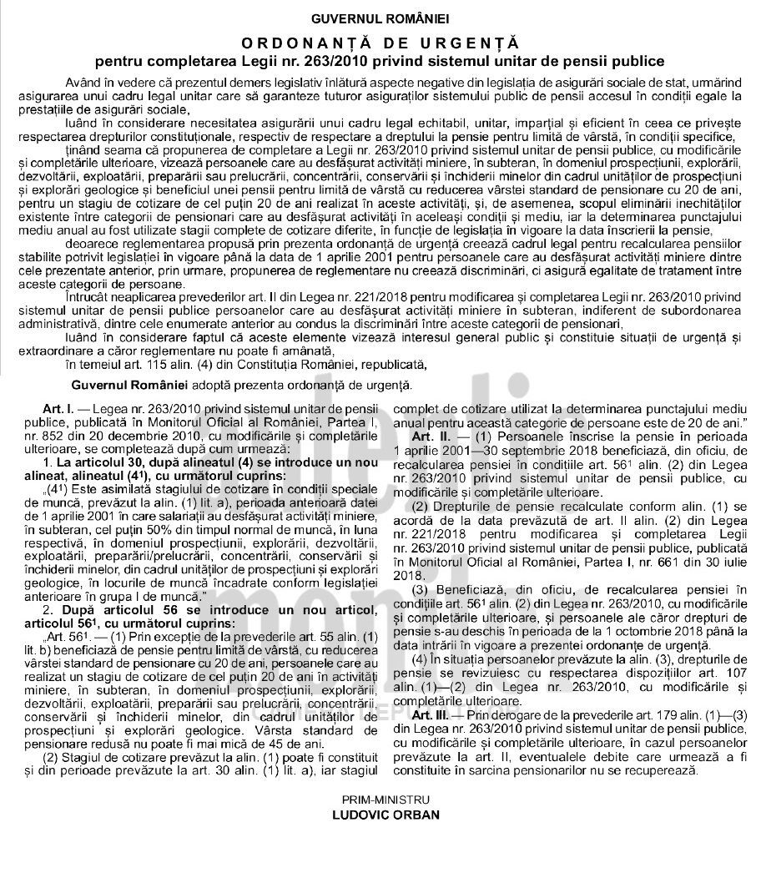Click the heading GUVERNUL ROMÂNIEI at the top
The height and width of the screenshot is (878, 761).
pos(380,18)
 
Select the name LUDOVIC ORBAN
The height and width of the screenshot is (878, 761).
pos(380,815)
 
